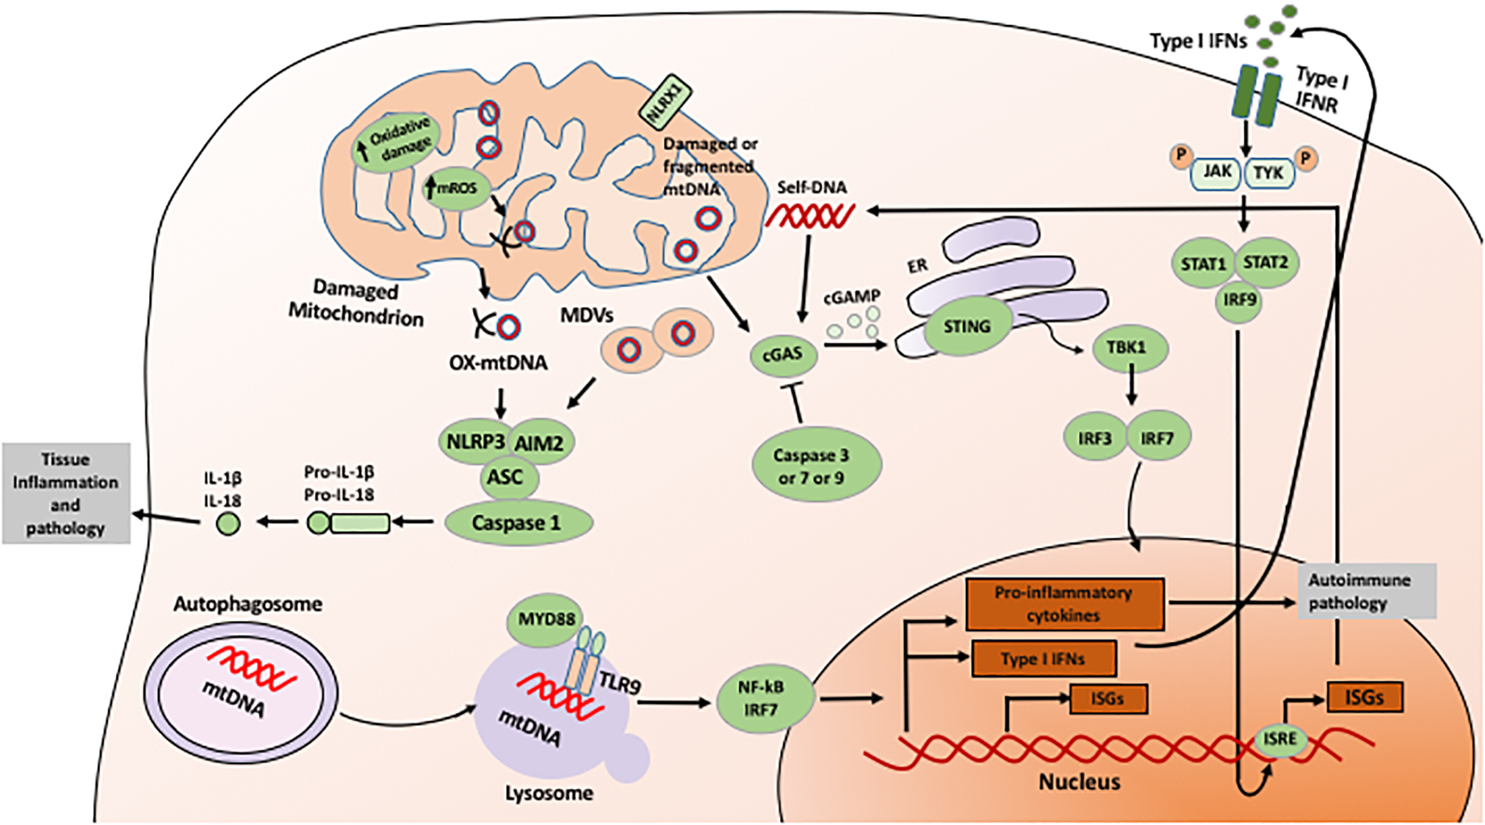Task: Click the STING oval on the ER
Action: (967, 327)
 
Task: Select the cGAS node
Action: (782, 354)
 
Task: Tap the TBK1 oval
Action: (1125, 346)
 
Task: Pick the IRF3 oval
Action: (1094, 439)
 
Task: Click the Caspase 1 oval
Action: (517, 523)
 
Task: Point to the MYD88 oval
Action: (546, 619)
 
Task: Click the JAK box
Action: (1217, 172)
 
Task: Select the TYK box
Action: (1268, 172)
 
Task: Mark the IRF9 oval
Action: (1240, 300)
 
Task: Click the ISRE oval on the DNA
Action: (1279, 739)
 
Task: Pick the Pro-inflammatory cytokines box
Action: (1065, 604)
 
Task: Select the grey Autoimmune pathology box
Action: (1366, 591)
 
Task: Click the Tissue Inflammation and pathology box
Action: (66, 493)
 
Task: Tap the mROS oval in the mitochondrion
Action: (456, 188)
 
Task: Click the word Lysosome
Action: (549, 794)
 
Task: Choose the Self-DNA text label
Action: (811, 188)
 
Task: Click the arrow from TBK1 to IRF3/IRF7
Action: (1131, 389)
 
